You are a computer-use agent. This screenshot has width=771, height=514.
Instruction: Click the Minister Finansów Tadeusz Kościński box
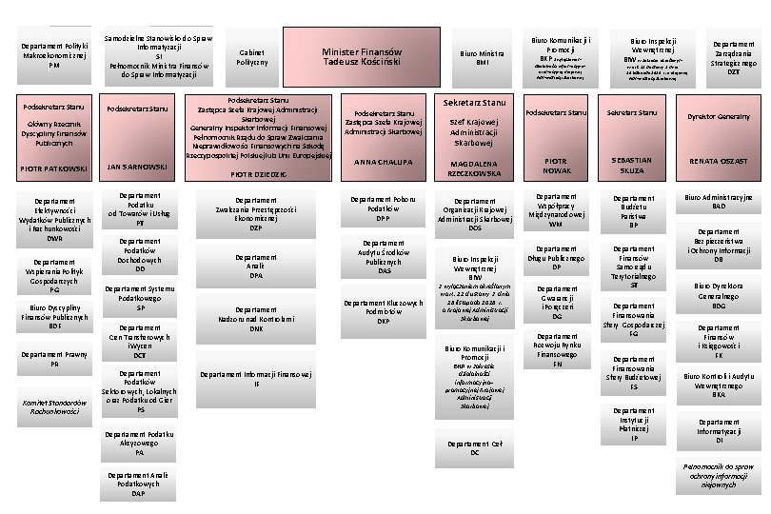[x=362, y=57]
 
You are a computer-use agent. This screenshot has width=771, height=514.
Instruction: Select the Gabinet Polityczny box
[x=252, y=57]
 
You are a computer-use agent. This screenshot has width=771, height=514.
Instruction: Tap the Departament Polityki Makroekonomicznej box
[x=54, y=55]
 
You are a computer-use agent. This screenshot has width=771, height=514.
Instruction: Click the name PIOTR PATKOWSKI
[x=54, y=169]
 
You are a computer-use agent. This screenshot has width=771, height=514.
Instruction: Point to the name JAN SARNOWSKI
[x=138, y=167]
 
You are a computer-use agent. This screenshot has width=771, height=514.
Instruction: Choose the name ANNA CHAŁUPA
[x=383, y=163]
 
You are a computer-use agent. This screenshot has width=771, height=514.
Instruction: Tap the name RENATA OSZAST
[x=719, y=161]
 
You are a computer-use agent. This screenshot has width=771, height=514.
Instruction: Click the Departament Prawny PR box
[x=54, y=359]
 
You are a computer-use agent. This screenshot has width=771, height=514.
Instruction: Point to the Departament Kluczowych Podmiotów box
[x=383, y=311]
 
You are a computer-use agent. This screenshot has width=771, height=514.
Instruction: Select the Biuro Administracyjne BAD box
[x=719, y=202]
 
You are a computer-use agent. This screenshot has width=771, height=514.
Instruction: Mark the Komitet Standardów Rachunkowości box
[x=54, y=406]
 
